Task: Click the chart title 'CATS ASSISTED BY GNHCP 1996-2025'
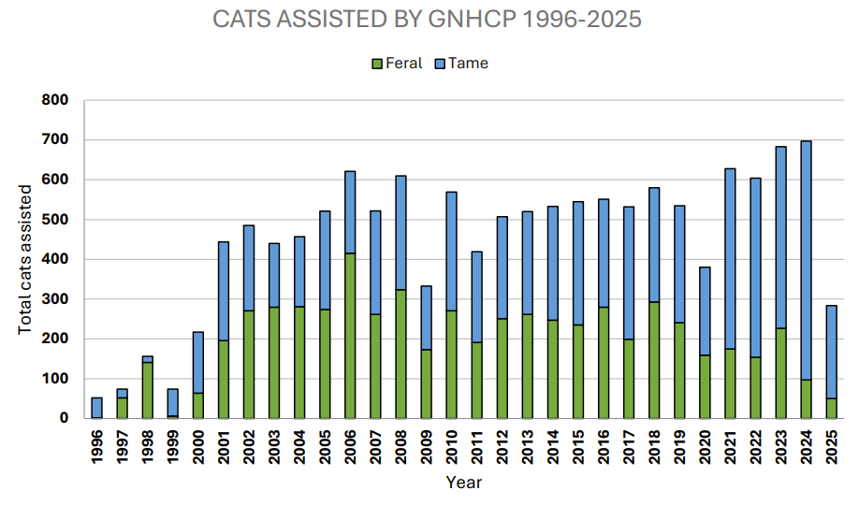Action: (x=428, y=20)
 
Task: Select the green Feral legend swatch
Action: (x=378, y=64)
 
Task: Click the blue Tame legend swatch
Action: (x=440, y=64)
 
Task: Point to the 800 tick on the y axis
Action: (x=57, y=100)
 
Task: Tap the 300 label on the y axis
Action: (x=57, y=299)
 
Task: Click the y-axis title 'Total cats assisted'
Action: (x=26, y=260)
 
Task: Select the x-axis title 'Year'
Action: (x=463, y=483)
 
